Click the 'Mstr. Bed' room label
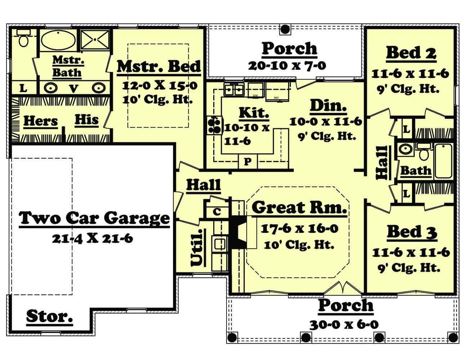coord(159,67)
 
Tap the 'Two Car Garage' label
coord(94,218)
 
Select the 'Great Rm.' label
coord(299,207)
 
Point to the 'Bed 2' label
coord(411,53)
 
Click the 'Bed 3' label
coord(412,232)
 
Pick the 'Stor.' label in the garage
coord(50,316)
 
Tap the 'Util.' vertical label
coord(197,248)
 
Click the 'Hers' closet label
coord(40,121)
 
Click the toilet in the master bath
coord(24,39)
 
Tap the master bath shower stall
coord(94,39)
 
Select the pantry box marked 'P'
coord(248,162)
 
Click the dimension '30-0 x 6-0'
coord(344,324)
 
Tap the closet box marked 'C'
coord(216,212)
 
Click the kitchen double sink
coord(234,89)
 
